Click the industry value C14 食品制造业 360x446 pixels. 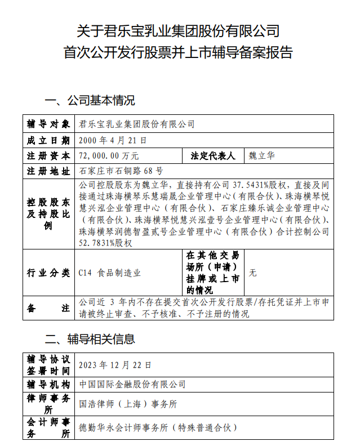[110, 273]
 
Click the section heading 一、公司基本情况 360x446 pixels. [90, 101]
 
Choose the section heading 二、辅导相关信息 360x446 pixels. [90, 339]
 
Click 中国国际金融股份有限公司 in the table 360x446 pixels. [132, 384]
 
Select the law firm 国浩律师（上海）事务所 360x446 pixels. [128, 404]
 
